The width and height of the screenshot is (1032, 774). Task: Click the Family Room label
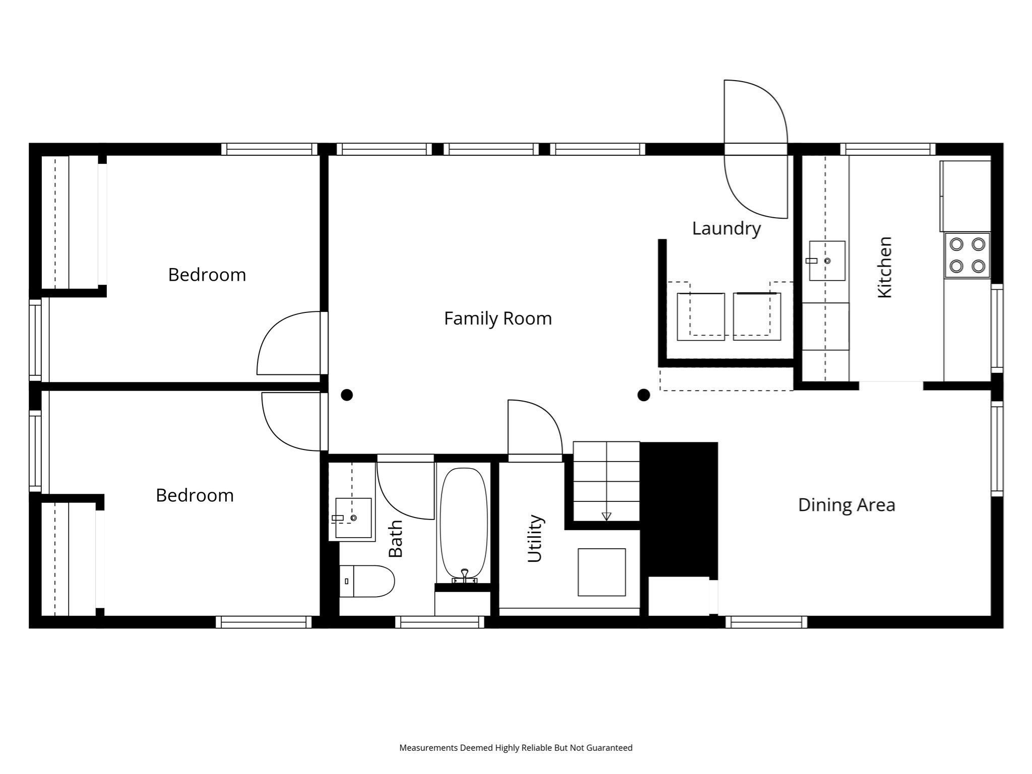[498, 318]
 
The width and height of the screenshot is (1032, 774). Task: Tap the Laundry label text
[726, 228]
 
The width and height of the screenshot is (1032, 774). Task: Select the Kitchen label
[885, 267]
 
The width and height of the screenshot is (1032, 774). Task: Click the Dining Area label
[847, 505]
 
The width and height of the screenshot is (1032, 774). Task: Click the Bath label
[396, 539]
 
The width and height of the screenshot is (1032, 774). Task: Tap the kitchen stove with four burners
[967, 255]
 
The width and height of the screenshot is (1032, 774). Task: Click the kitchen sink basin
[827, 261]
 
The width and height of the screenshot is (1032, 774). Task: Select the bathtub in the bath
[464, 524]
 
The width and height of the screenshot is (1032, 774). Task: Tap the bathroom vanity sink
[353, 518]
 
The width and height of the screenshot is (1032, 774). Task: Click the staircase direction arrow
[606, 516]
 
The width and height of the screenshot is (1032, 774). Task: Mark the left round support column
[347, 395]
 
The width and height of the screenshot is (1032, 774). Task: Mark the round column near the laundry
[643, 395]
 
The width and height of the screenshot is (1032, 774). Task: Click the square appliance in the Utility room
[602, 572]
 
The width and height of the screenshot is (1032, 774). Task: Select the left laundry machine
[700, 316]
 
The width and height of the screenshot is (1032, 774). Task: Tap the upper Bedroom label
[207, 275]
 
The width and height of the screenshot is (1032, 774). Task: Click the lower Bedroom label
[195, 495]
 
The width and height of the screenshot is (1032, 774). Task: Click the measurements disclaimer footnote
[515, 748]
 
